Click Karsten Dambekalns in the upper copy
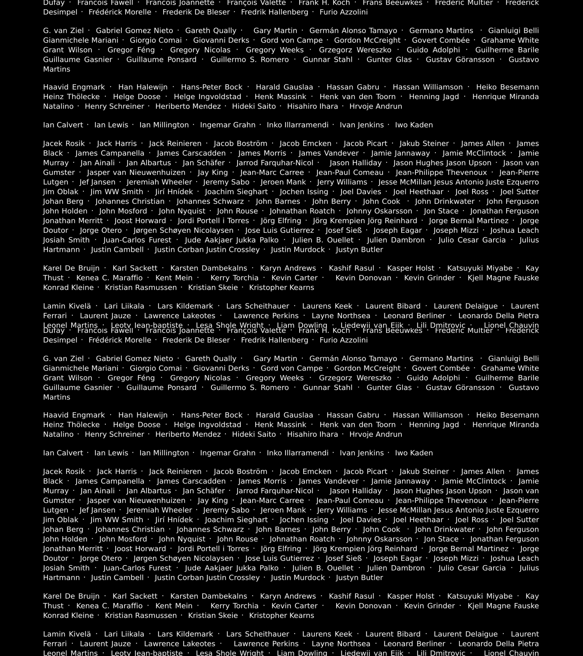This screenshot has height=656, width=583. (x=209, y=268)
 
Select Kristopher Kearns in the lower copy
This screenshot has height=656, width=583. (x=281, y=616)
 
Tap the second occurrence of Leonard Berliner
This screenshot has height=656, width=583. (x=414, y=644)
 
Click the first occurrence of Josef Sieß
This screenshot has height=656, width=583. (x=343, y=230)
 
